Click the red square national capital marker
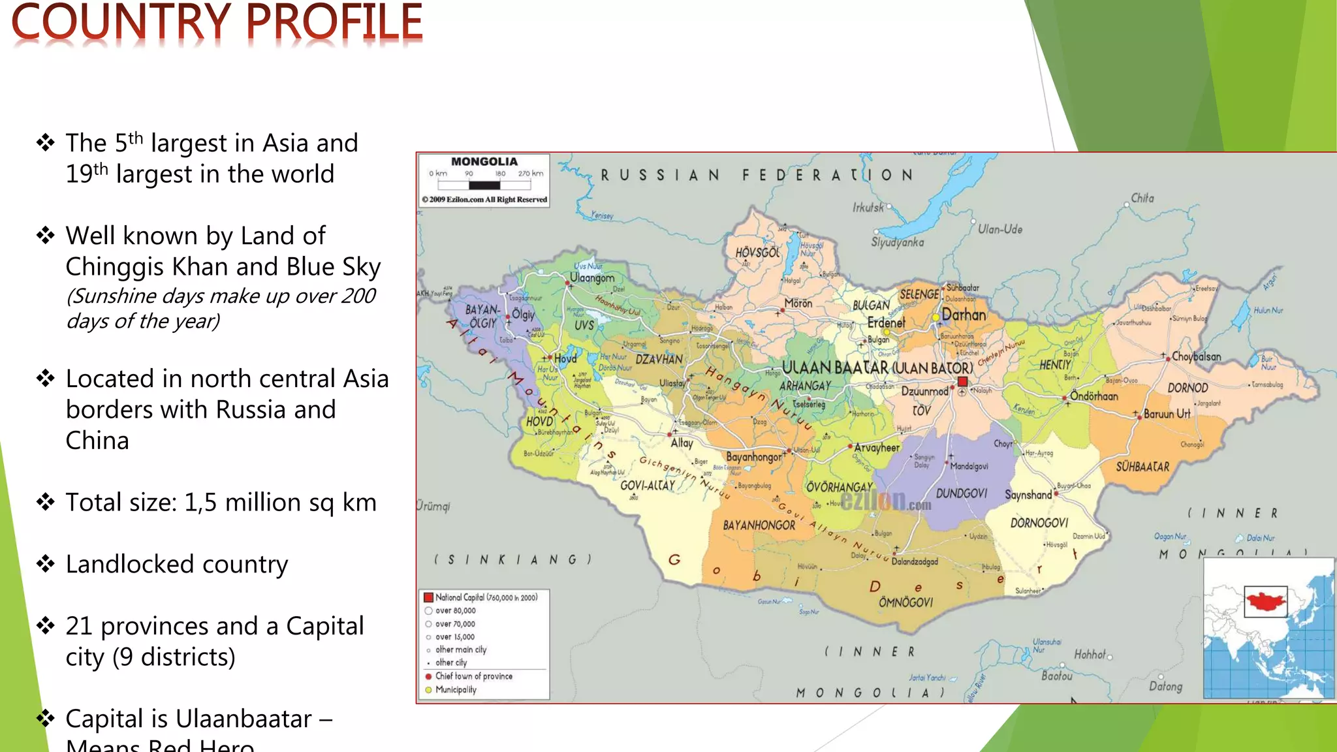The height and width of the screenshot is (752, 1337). tap(962, 382)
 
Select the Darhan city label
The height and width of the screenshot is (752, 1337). tap(964, 315)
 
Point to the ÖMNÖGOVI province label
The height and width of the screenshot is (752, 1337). tap(905, 602)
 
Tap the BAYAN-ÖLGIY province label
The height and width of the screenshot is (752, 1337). tap(482, 316)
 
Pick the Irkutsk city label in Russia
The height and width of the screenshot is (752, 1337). tap(868, 208)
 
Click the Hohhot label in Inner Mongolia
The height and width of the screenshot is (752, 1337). tap(1090, 654)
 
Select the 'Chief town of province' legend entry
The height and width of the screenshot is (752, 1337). tap(473, 676)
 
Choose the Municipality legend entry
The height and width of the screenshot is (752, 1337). tap(456, 689)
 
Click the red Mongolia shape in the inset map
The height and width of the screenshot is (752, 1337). tap(1265, 601)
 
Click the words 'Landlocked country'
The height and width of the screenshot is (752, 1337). tap(177, 564)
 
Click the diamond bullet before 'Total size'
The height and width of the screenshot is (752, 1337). tap(45, 502)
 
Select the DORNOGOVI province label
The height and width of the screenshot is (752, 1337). tap(1039, 523)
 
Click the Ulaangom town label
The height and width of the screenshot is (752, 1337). tap(591, 277)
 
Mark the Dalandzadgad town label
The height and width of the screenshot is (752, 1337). tap(914, 561)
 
